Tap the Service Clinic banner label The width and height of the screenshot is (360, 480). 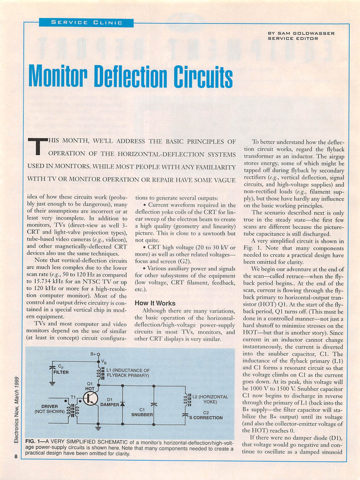[86, 22]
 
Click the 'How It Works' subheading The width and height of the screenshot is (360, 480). [155, 303]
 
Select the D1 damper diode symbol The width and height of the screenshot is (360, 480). [122, 403]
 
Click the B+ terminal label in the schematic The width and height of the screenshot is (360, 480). [94, 354]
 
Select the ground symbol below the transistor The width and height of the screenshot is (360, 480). [98, 427]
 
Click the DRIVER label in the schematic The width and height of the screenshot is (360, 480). [50, 406]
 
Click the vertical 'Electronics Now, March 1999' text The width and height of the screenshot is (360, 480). [16, 410]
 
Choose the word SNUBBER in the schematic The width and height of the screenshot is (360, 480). [142, 415]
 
